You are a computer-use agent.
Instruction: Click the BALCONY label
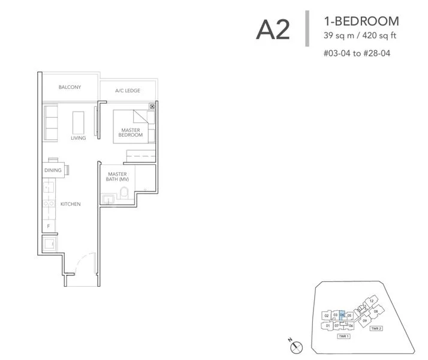tap(70, 88)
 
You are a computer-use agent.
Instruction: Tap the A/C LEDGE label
tap(128, 91)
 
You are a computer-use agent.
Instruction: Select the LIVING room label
tap(78, 138)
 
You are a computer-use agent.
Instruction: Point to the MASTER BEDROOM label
tap(131, 133)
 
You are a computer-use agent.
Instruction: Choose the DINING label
tap(53, 170)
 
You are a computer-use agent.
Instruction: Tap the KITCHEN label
tap(70, 205)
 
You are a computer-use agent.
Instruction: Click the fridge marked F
tap(49, 226)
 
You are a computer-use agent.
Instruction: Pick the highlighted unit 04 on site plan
tap(342, 314)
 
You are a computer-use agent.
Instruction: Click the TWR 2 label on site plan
tap(376, 329)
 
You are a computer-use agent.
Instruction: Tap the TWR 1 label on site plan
tap(343, 337)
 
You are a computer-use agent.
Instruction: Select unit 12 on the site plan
tap(372, 300)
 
